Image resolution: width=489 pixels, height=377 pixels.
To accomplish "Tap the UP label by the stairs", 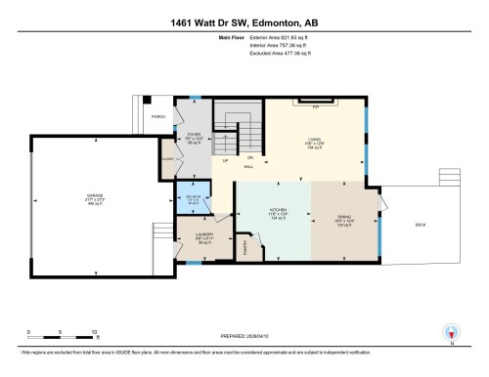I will coord(225,160).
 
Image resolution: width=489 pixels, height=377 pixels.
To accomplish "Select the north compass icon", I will coord(450,333).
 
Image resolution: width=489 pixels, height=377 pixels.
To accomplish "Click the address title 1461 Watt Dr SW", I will coord(244,20).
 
